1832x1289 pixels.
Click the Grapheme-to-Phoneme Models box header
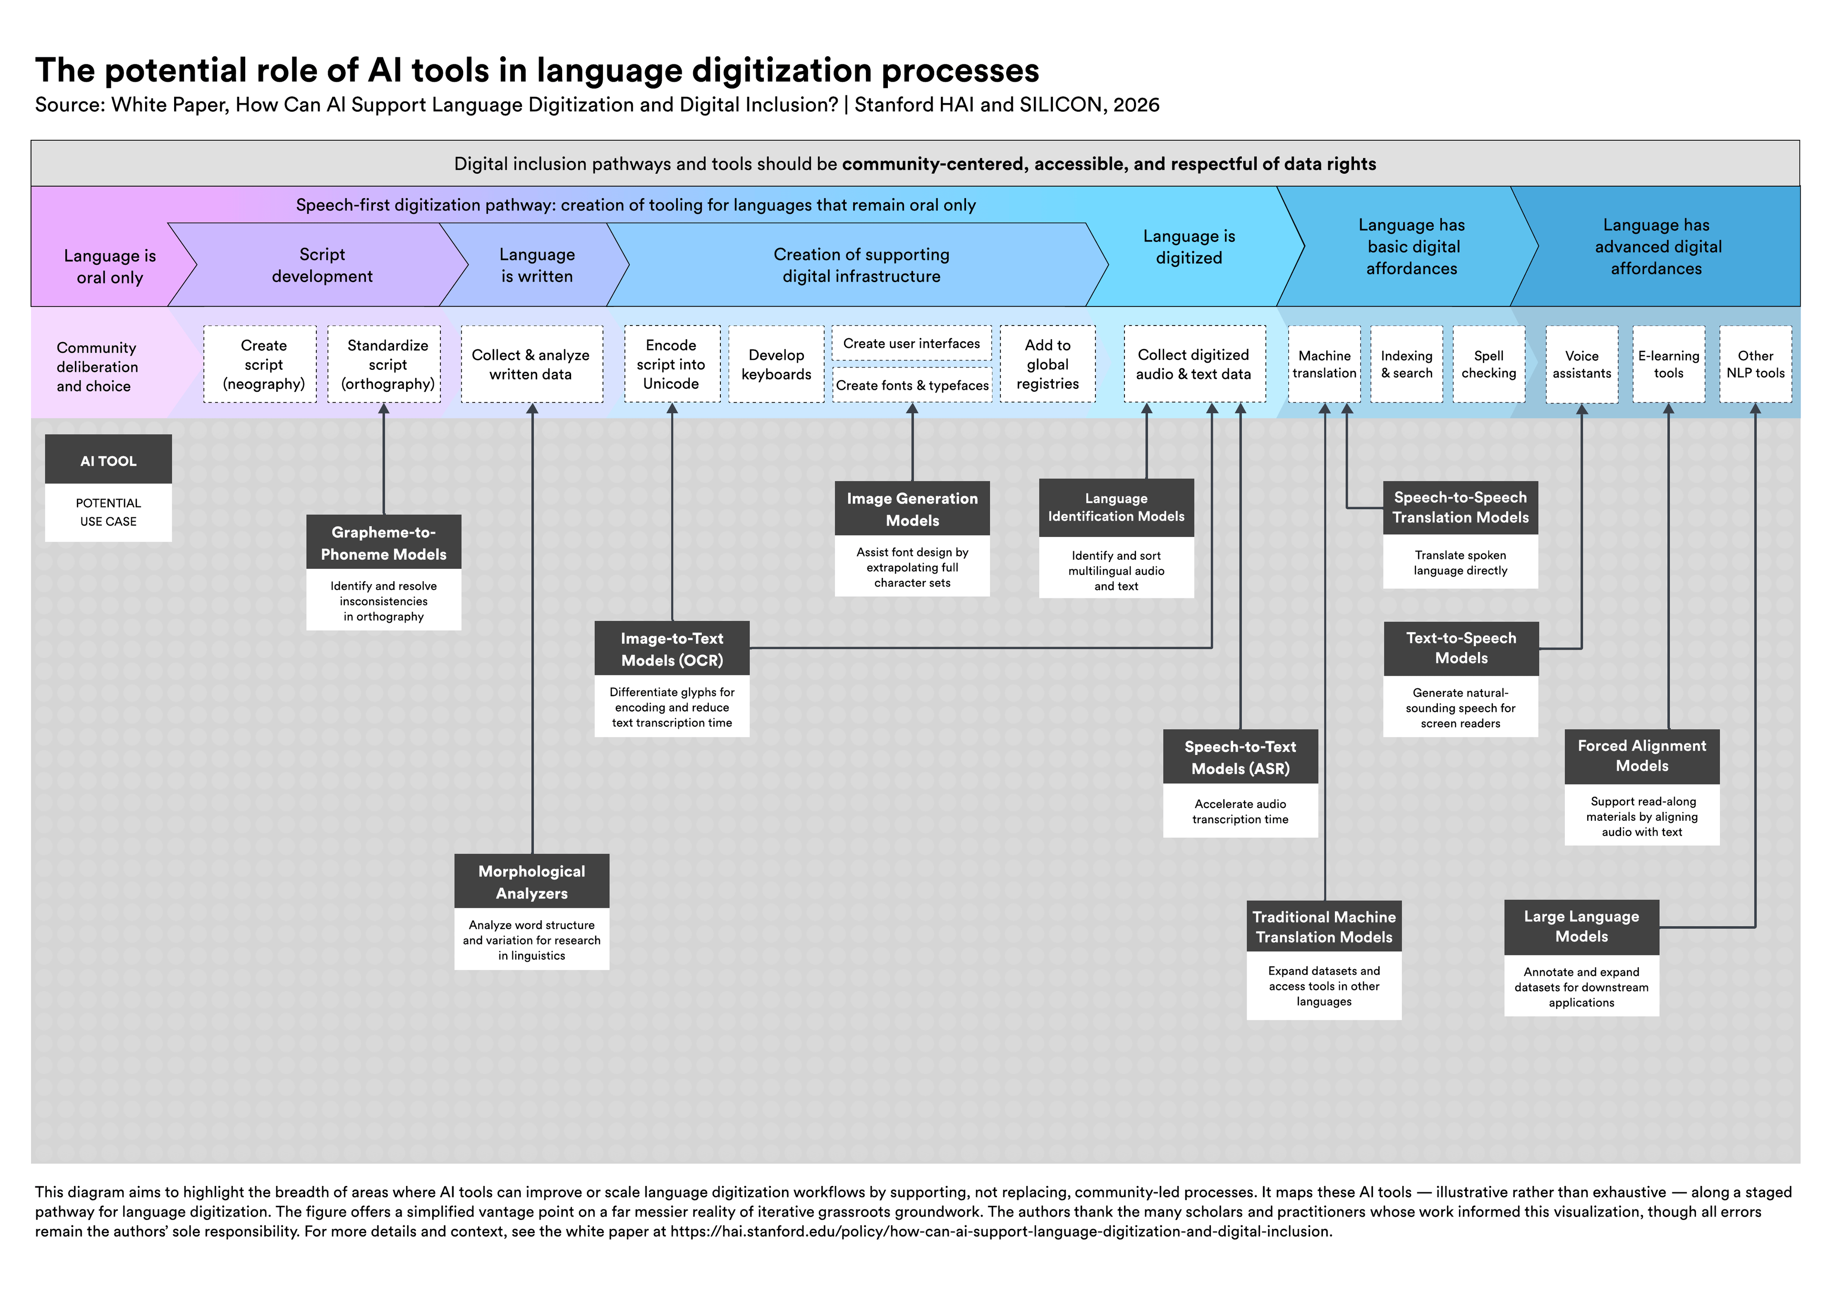click(383, 543)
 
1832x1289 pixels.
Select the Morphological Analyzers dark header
click(531, 882)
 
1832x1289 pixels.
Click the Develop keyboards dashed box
click(776, 364)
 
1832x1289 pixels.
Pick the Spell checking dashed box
click(1488, 364)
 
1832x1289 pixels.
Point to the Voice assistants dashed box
click(1582, 364)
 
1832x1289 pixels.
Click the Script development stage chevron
click(322, 265)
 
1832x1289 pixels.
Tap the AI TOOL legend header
click(108, 461)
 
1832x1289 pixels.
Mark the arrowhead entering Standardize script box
click(384, 409)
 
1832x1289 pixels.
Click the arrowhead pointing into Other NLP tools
click(1755, 409)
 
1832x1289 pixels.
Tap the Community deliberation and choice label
click(96, 367)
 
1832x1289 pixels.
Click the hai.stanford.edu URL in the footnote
click(1000, 1232)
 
